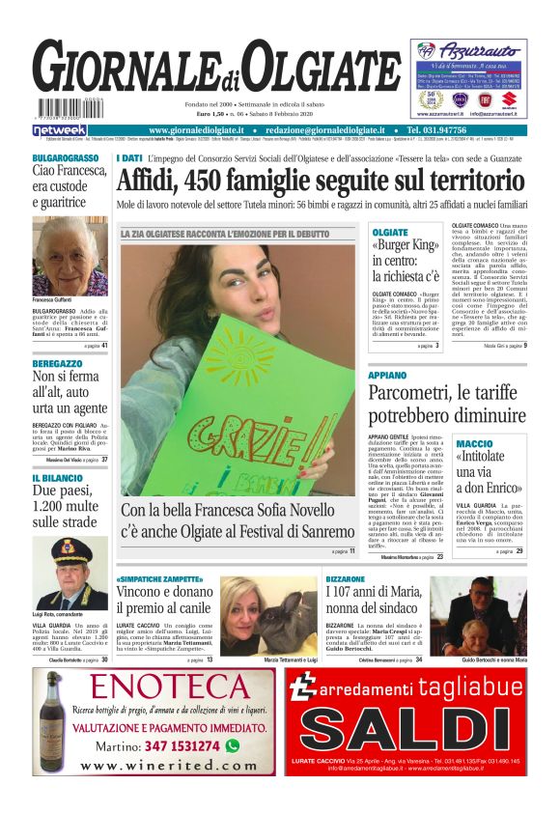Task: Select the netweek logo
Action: click(59, 129)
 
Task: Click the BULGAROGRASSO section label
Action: click(65, 157)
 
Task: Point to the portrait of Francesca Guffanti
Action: click(70, 256)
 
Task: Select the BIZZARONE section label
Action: click(346, 579)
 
